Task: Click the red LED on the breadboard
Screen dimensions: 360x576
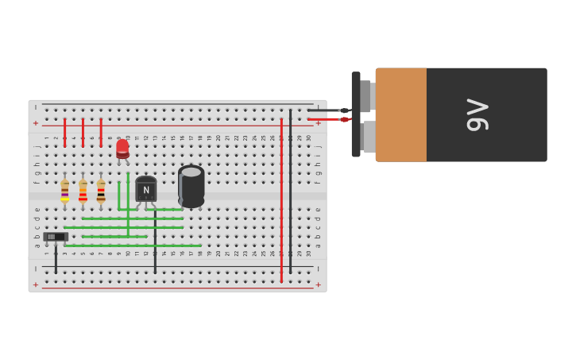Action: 122,149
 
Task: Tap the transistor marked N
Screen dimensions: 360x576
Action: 146,190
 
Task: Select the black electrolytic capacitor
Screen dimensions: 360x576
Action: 191,186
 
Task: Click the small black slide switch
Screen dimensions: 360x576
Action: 54,237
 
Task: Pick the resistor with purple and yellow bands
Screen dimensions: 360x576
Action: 64,191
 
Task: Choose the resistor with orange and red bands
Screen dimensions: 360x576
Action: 83,191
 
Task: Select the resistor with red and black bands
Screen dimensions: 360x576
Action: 101,191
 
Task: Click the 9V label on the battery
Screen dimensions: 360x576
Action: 477,115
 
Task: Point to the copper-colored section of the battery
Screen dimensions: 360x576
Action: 401,114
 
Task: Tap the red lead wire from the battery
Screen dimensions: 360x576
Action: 326,120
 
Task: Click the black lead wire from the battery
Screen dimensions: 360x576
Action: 326,110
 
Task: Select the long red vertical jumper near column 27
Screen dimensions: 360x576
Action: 281,199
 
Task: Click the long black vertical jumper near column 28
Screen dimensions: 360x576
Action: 291,191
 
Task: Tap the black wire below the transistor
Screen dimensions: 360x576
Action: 155,242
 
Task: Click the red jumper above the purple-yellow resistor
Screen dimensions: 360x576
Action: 64,133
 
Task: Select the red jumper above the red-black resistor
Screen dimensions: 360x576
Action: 101,133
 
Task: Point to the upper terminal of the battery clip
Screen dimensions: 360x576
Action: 366,95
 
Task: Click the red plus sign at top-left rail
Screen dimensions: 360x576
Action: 36,123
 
